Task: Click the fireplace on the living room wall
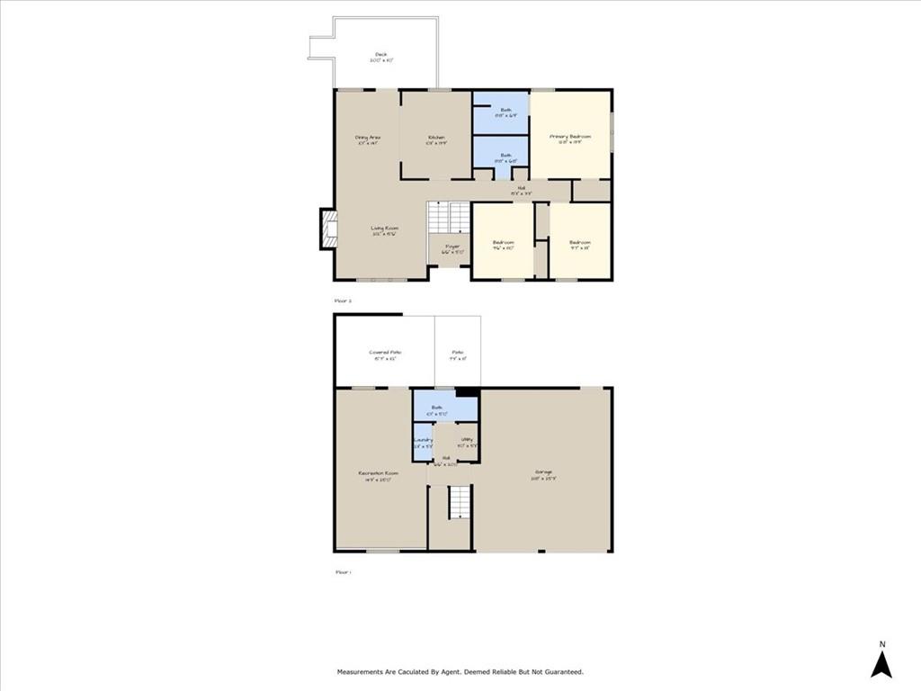tap(329, 229)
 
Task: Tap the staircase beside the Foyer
tap(448, 217)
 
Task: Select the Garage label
tap(543, 473)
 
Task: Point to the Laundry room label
tap(423, 441)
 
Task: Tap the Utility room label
tap(465, 441)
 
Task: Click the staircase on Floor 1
tap(460, 502)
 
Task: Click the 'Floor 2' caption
tap(343, 300)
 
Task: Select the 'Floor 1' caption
tap(343, 571)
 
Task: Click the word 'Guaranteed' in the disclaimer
tap(561, 671)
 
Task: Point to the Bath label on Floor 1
tap(437, 410)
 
